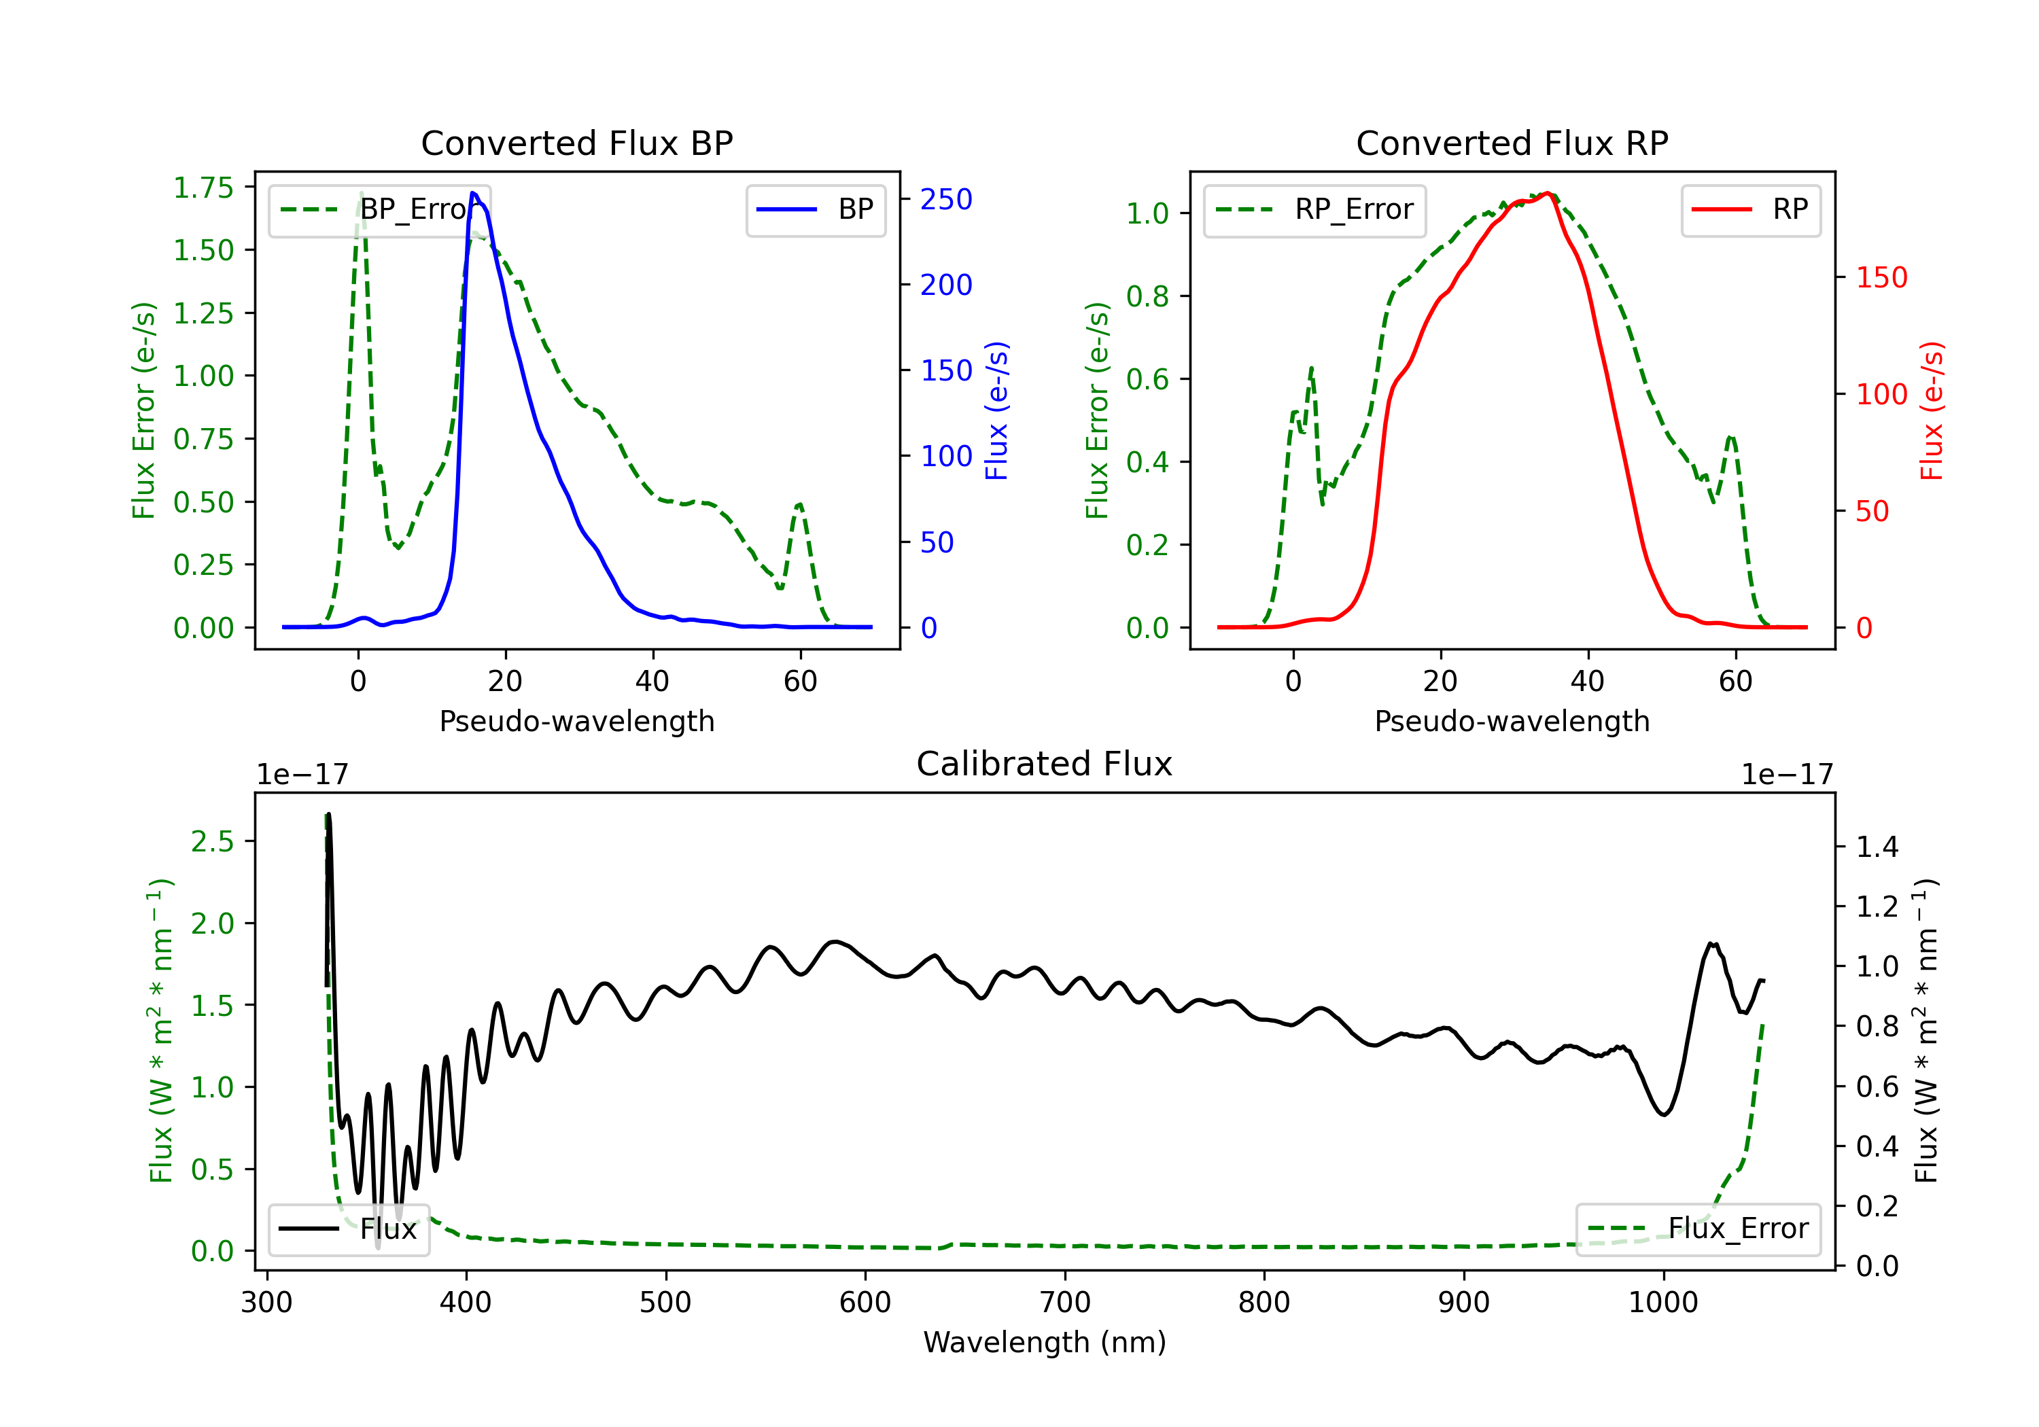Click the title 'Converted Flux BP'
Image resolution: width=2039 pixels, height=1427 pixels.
click(576, 143)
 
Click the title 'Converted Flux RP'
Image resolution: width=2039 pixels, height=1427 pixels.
click(1512, 143)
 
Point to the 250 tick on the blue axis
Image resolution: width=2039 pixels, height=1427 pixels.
click(946, 199)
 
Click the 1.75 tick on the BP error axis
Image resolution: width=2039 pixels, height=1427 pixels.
click(203, 188)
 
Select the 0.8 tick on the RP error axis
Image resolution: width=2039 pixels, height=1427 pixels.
click(1147, 296)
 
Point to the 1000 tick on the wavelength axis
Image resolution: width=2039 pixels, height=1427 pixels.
click(1662, 1303)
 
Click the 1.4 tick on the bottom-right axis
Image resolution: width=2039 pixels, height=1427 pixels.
click(1877, 847)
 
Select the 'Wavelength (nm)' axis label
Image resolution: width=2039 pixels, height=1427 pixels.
click(1045, 1342)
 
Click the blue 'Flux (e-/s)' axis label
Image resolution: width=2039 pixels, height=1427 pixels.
click(996, 410)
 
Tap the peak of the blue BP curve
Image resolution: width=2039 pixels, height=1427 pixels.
click(473, 193)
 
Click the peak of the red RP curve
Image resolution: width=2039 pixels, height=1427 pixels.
click(1547, 193)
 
